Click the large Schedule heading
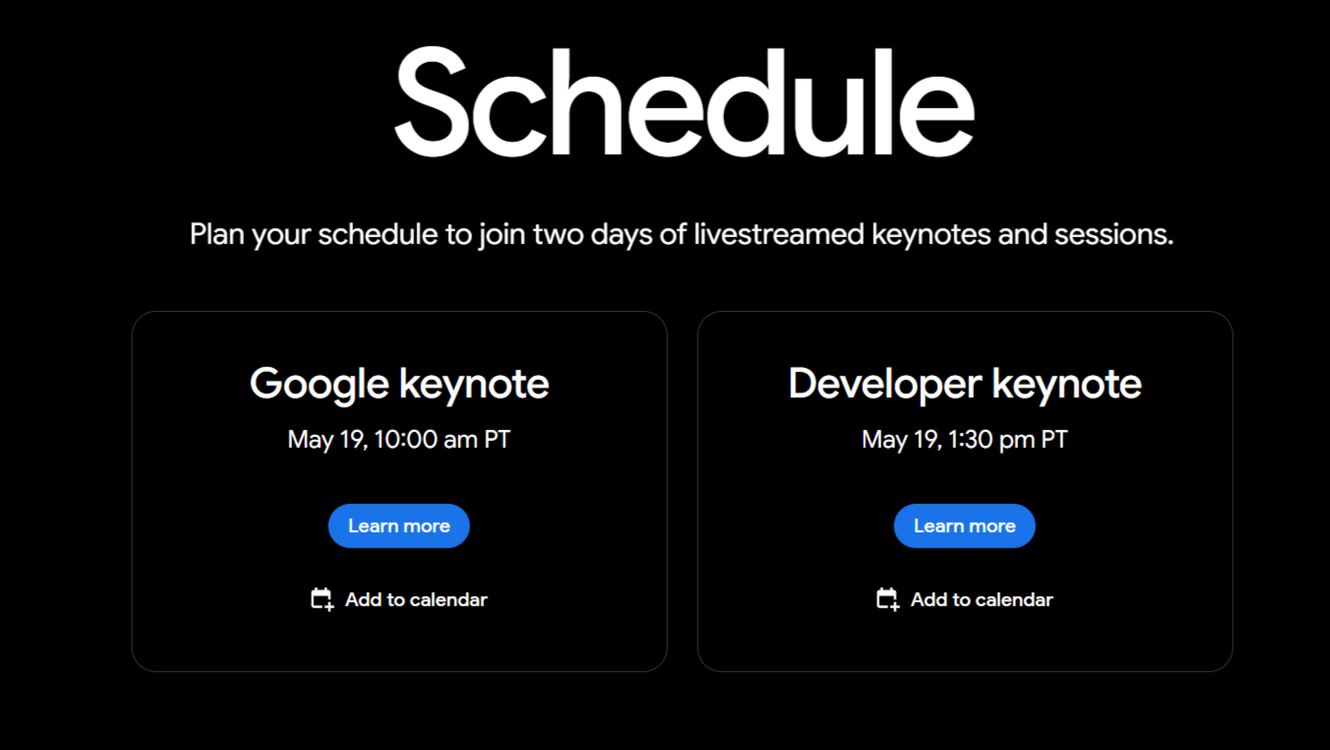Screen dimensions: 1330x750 [685, 101]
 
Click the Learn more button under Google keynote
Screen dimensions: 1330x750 [399, 526]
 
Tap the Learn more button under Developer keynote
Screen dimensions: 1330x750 [964, 526]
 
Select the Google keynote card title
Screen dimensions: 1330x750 [399, 384]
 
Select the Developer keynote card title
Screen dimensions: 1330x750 [965, 384]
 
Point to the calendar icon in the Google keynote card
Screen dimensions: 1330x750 [322, 599]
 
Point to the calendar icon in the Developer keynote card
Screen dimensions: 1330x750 [887, 599]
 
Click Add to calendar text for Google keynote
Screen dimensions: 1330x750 [416, 599]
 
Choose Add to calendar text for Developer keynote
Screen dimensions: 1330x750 [982, 599]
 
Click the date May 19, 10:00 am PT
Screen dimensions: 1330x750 [399, 440]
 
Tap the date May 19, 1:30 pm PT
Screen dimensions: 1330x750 [965, 440]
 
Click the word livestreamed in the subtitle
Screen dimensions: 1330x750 [779, 234]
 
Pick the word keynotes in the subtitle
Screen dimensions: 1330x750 [931, 234]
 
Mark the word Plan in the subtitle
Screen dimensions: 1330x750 [217, 234]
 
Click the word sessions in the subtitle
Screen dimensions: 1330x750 [1114, 234]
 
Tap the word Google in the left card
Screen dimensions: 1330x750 [320, 385]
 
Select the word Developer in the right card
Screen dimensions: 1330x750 [885, 385]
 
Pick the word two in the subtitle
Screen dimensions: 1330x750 [558, 234]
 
